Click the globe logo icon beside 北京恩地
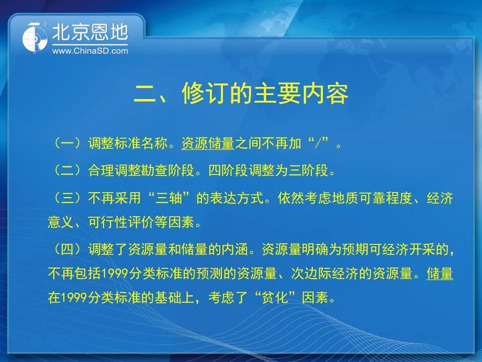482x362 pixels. pyautogui.click(x=35, y=38)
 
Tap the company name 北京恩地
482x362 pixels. pyautogui.click(x=90, y=32)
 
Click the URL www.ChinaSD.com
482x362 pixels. pyautogui.click(x=90, y=51)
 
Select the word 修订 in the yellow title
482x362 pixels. pyautogui.click(x=205, y=94)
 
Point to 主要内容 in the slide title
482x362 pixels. pyautogui.click(x=302, y=94)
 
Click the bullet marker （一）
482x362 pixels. pyautogui.click(x=68, y=143)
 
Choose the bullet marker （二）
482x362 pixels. pyautogui.click(x=68, y=170)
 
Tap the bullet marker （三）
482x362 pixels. pyautogui.click(x=68, y=197)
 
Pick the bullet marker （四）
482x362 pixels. pyautogui.click(x=68, y=249)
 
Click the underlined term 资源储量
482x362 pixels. pyautogui.click(x=208, y=144)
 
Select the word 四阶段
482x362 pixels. pyautogui.click(x=228, y=170)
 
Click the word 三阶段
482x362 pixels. pyautogui.click(x=308, y=170)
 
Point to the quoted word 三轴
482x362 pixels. pyautogui.click(x=169, y=198)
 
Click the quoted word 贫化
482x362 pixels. pyautogui.click(x=275, y=297)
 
